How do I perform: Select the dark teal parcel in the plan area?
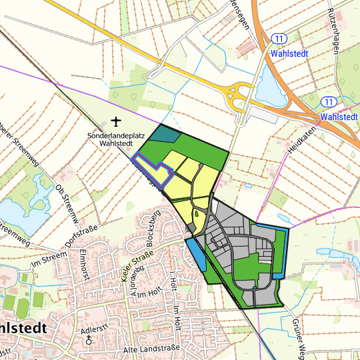[165, 134]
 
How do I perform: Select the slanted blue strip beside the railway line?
[196, 253]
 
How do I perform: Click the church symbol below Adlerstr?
[89, 340]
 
